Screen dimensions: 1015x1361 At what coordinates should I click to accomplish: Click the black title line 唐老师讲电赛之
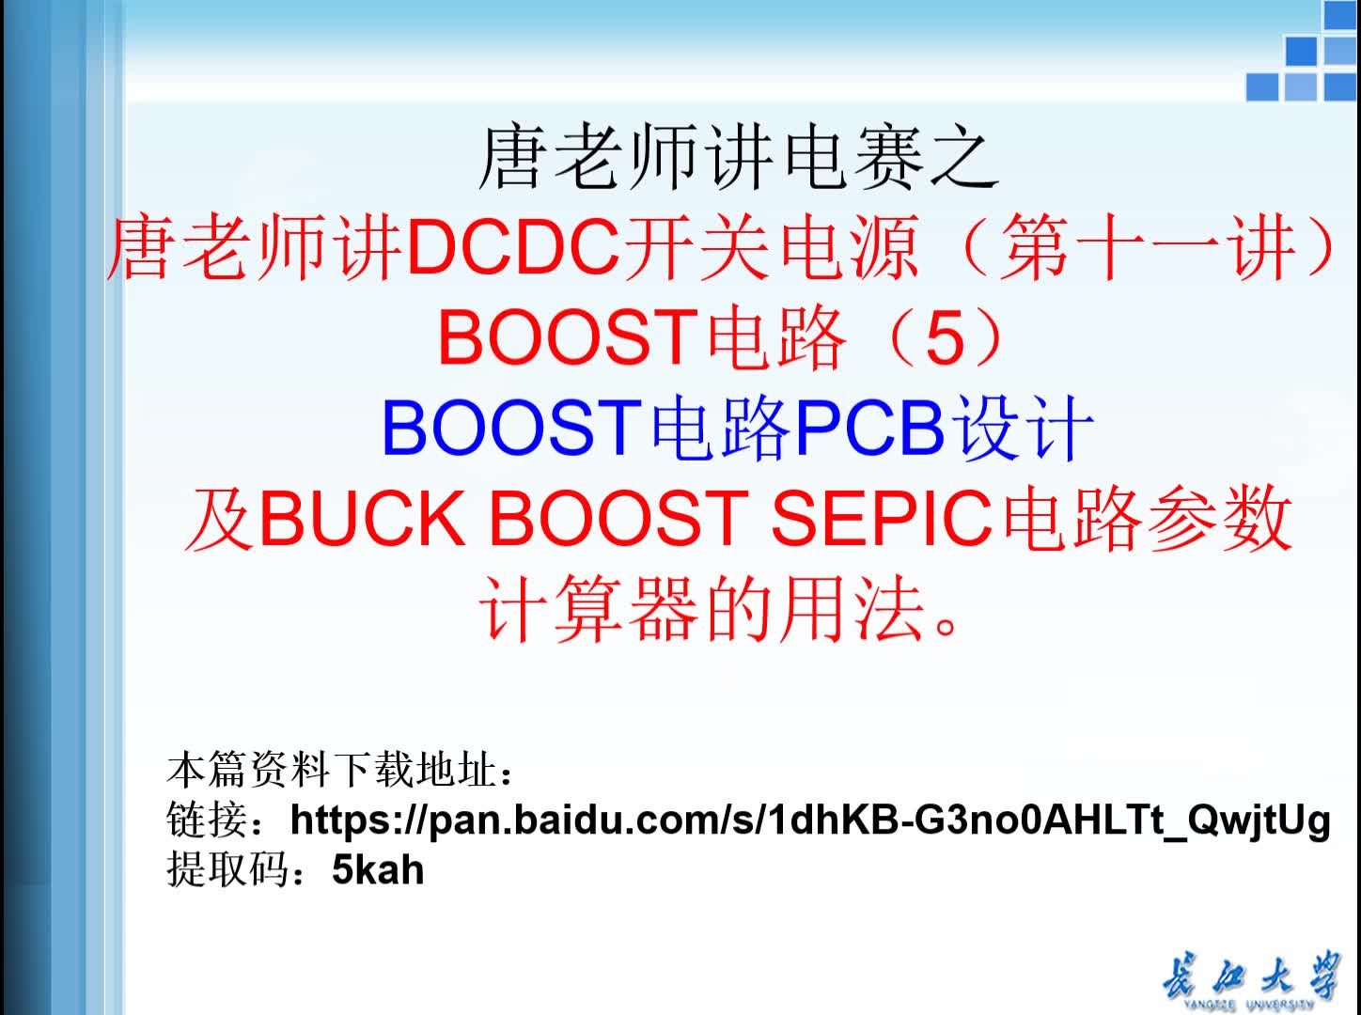[737, 159]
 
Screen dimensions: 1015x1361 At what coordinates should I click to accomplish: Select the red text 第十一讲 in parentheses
[1146, 249]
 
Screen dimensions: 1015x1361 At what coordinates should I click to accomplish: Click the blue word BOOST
[510, 429]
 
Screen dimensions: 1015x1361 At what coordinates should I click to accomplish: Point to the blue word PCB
[869, 429]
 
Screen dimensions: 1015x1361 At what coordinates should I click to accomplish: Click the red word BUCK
[362, 519]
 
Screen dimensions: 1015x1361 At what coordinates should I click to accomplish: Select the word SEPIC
[882, 519]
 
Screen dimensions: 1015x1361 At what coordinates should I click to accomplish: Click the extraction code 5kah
[378, 870]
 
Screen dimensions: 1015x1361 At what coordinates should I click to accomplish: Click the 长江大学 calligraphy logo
[1250, 979]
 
